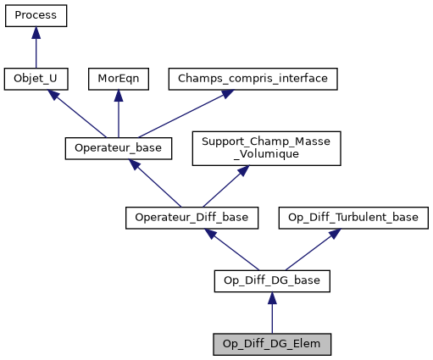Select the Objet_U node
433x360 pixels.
point(36,79)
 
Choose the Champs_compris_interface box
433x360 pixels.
point(253,79)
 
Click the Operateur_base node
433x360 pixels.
point(118,148)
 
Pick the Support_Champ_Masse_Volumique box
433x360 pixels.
point(266,148)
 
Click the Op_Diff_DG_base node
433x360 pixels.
point(271,280)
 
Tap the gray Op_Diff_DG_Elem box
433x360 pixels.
point(271,344)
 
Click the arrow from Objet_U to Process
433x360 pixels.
point(36,48)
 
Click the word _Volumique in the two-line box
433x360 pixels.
point(266,155)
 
